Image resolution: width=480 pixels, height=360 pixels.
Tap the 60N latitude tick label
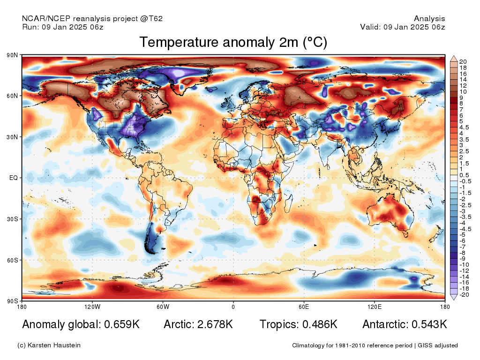pyautogui.click(x=12, y=96)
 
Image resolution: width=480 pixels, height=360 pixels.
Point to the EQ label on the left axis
pyautogui.click(x=14, y=178)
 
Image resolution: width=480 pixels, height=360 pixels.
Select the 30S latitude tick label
pyautogui.click(x=12, y=219)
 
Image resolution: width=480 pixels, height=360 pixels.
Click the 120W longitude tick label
pyautogui.click(x=92, y=307)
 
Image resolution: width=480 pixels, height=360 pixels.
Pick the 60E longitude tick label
pyautogui.click(x=304, y=307)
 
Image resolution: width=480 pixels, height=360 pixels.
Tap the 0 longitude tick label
pyautogui.click(x=233, y=307)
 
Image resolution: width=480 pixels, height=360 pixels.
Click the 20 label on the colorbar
pyautogui.click(x=463, y=62)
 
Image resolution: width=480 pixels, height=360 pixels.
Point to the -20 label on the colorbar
pyautogui.click(x=464, y=295)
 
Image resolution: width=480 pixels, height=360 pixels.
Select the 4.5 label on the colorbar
pyautogui.click(x=464, y=127)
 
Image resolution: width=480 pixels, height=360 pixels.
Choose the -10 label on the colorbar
pyautogui.click(x=464, y=265)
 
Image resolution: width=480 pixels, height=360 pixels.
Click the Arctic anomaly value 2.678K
pyautogui.click(x=215, y=324)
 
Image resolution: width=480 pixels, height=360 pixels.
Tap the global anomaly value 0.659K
pyautogui.click(x=122, y=324)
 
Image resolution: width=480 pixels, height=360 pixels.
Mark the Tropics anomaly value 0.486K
pyautogui.click(x=320, y=324)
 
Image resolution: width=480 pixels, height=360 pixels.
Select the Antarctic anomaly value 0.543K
pyautogui.click(x=429, y=324)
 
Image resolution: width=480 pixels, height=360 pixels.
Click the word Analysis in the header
pyautogui.click(x=429, y=19)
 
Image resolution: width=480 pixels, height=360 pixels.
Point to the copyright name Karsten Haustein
pyautogui.click(x=54, y=345)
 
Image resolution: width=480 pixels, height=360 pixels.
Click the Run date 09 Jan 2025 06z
pyautogui.click(x=73, y=27)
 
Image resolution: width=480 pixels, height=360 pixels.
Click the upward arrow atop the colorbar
pyautogui.click(x=454, y=59)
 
